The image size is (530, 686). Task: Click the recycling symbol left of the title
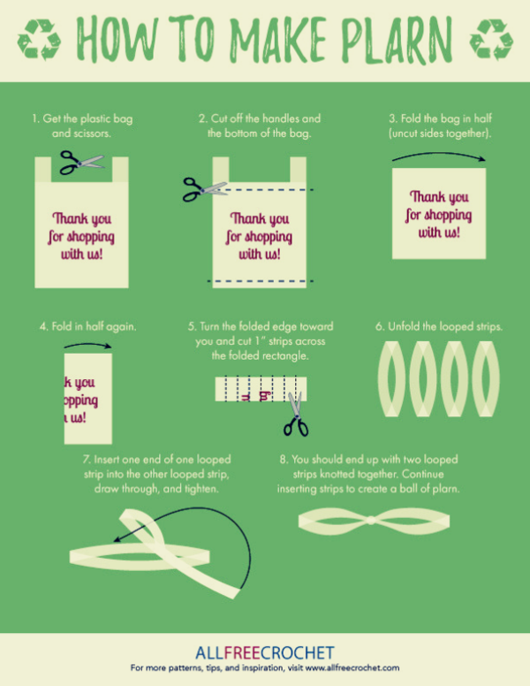pos(40,39)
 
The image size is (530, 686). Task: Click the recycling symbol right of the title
pos(490,39)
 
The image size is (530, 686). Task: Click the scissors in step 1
pos(80,162)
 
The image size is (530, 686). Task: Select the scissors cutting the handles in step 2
pos(204,188)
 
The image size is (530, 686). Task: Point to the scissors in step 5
pos(296,415)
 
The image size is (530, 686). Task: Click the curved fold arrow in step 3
pos(439,156)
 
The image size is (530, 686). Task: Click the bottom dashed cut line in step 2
pos(257,280)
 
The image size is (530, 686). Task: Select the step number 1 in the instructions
pos(34,118)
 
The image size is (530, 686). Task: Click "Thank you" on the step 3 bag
pos(439,197)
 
